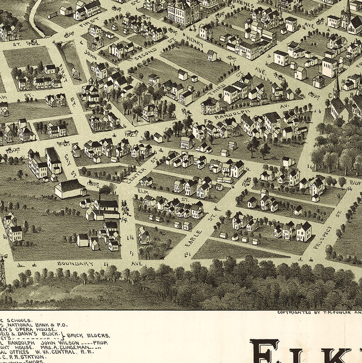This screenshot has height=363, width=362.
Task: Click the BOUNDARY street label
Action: point(75,263)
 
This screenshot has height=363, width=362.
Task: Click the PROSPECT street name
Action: point(323,237)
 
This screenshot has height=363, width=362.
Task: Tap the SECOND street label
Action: point(145,54)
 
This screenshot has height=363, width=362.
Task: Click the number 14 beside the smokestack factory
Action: point(124,219)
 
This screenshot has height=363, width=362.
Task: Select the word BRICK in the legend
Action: point(76,335)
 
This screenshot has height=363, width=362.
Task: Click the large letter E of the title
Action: point(264,351)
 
